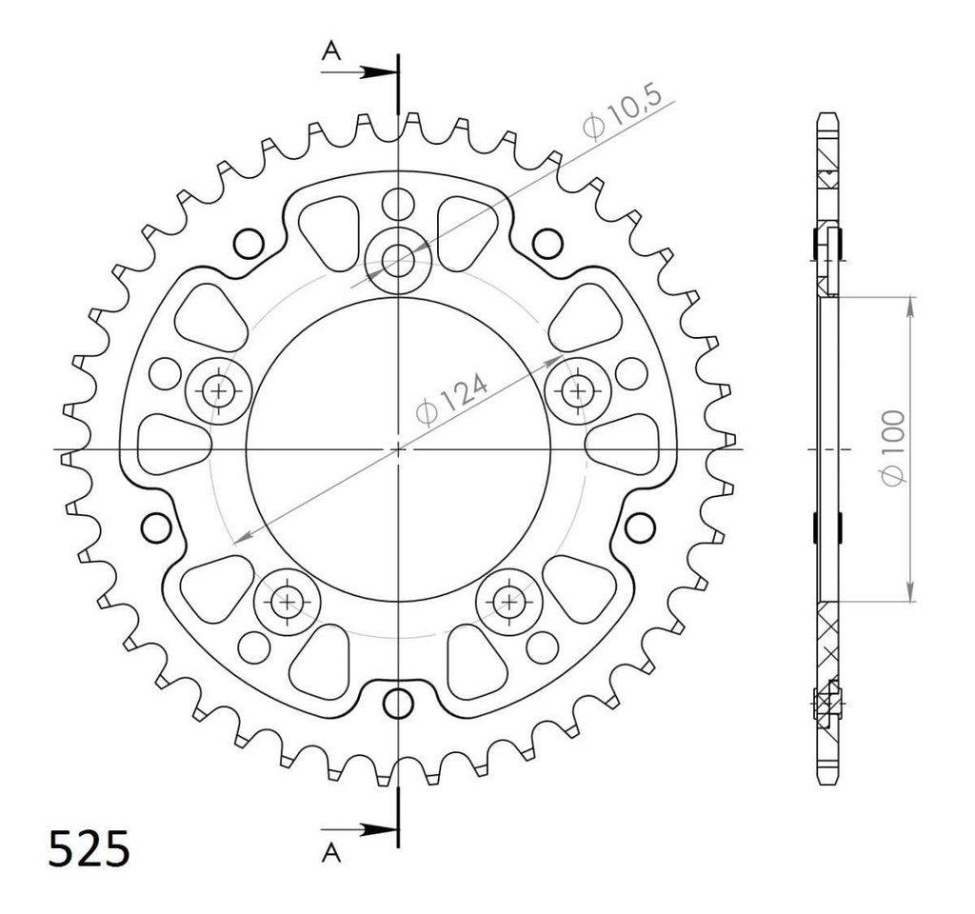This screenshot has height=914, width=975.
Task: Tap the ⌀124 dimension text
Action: tap(451, 400)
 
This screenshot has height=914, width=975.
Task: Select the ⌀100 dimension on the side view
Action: tap(892, 448)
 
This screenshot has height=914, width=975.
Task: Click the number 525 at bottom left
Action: tap(90, 848)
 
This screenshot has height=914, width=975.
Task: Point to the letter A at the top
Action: tap(331, 51)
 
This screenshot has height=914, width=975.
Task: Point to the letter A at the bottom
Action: tap(331, 853)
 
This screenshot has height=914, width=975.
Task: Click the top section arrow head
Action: tap(379, 72)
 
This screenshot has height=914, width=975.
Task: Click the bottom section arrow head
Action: tap(379, 829)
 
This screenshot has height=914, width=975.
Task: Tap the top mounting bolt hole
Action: tap(398, 261)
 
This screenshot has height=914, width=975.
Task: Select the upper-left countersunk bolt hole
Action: tap(218, 391)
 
